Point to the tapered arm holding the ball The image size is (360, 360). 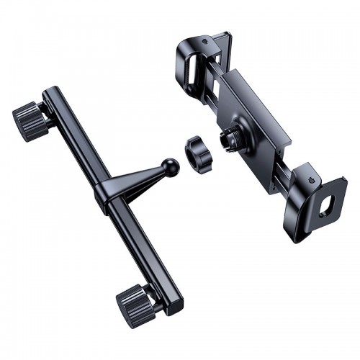pos(144,180)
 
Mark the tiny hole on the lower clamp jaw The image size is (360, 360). pos(310,176)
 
